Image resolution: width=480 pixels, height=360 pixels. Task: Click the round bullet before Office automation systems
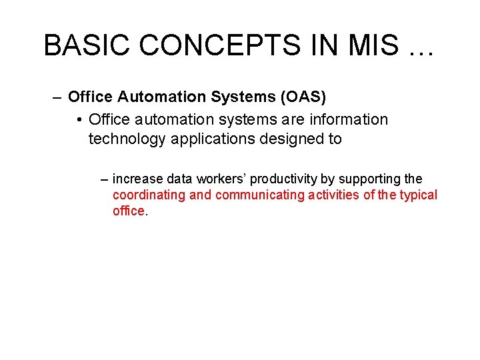point(79,120)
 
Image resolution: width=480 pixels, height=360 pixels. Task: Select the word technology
point(127,139)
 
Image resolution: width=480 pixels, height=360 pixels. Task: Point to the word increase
point(138,179)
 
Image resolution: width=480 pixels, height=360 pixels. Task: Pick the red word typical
point(417,195)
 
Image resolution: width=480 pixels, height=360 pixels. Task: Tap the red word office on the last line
point(128,211)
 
